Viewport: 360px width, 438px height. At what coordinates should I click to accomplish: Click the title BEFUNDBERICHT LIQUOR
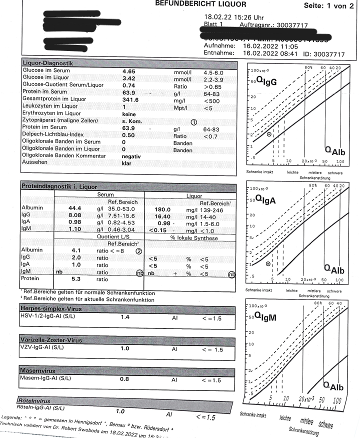tap(201, 4)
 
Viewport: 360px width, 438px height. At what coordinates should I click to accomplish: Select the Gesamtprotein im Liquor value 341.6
tap(130, 100)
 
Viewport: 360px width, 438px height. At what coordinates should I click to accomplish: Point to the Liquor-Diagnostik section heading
tap(48, 63)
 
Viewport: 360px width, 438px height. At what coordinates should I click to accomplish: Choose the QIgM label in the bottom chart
tap(269, 316)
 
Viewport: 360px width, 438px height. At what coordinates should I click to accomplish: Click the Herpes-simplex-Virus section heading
tap(51, 308)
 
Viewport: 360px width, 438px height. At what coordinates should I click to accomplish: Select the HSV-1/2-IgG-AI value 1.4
tap(124, 317)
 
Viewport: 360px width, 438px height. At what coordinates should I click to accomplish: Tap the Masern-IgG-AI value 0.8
tap(124, 379)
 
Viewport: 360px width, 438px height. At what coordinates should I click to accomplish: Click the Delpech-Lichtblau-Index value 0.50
tap(128, 135)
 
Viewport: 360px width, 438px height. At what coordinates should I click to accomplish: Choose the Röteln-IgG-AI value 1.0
tap(120, 411)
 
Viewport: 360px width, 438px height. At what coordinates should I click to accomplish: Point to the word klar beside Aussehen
tap(127, 163)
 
